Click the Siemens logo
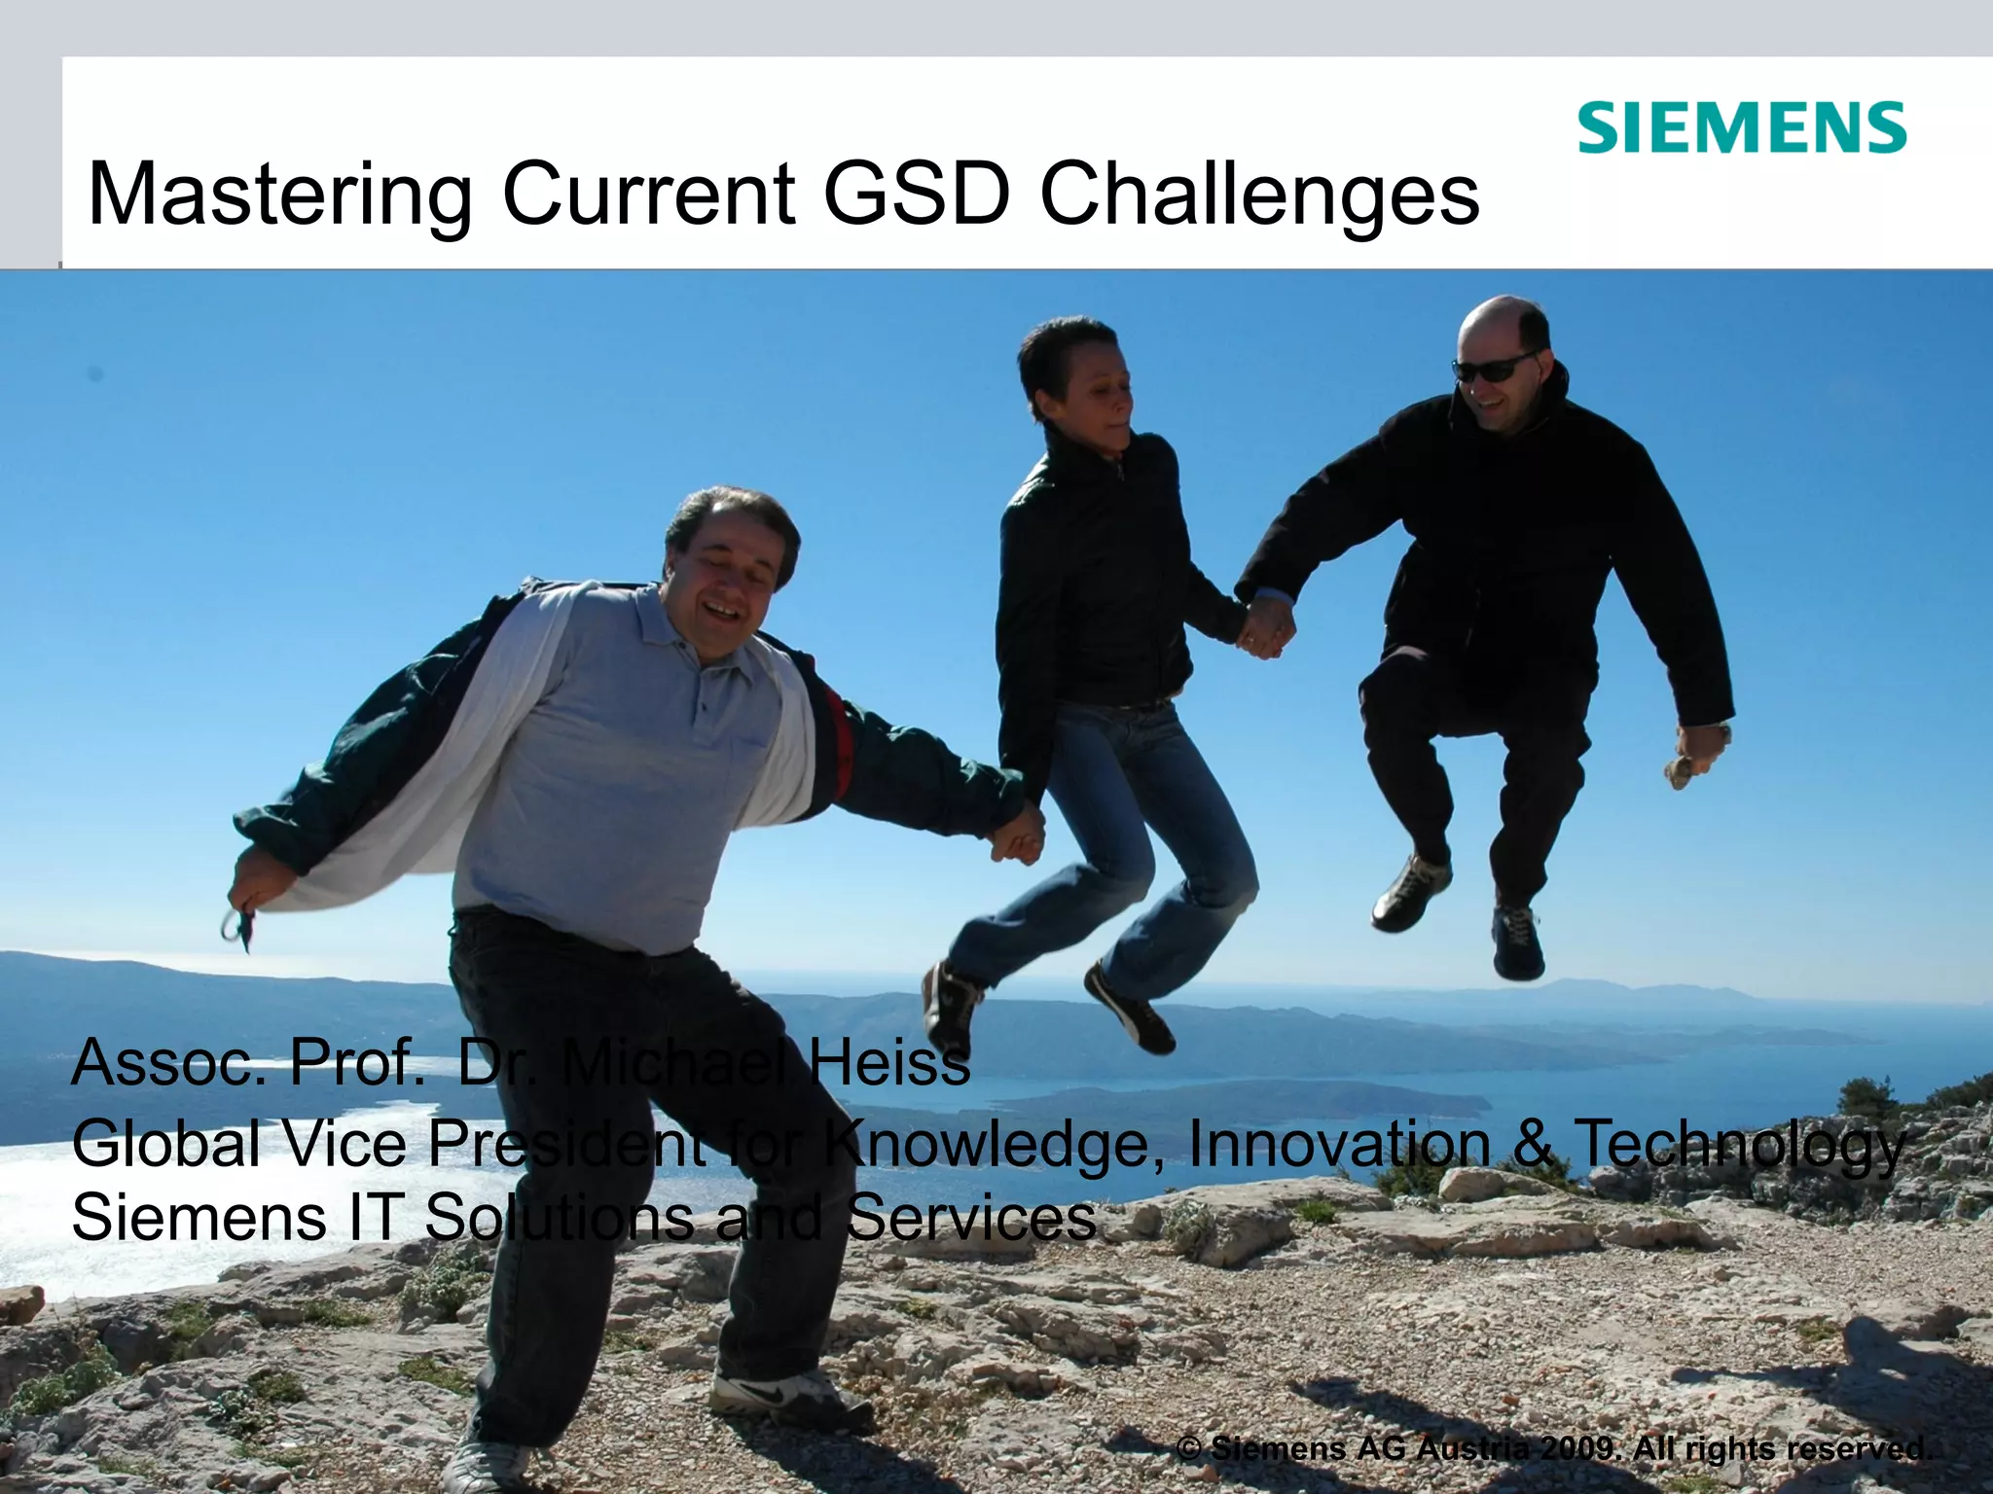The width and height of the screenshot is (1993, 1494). click(1741, 128)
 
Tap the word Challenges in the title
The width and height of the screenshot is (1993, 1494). click(1259, 195)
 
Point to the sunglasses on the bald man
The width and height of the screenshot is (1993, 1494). click(1496, 368)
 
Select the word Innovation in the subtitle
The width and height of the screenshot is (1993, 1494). click(1339, 1143)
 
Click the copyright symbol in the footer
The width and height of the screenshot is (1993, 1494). click(1188, 1449)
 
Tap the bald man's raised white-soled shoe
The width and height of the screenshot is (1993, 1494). click(1411, 893)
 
